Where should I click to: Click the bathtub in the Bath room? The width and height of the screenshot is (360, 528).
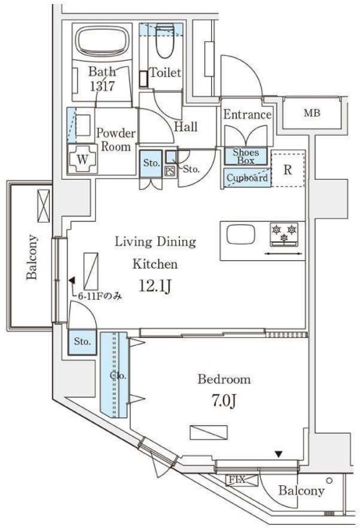(102, 40)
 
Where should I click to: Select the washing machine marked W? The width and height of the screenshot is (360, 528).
(83, 159)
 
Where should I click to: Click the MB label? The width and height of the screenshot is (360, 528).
(312, 113)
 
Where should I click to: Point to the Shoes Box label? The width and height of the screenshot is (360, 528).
(245, 157)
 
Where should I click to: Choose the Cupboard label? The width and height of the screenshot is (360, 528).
(247, 178)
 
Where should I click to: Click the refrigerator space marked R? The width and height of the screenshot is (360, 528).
(288, 169)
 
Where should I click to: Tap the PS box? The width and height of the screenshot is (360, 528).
(170, 171)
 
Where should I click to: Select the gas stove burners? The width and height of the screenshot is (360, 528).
(284, 233)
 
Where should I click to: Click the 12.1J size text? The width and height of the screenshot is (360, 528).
(156, 287)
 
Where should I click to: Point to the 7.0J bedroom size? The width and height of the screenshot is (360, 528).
(224, 401)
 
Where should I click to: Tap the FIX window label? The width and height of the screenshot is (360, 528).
(237, 480)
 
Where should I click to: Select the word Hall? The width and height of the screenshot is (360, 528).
(185, 127)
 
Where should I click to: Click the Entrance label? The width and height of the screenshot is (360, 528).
(248, 114)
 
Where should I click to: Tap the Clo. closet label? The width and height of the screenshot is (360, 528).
(118, 375)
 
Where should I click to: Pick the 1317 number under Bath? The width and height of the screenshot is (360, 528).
(103, 86)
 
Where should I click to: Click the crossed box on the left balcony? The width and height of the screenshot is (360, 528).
(44, 206)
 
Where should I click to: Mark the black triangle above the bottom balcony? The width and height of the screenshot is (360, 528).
(278, 454)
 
